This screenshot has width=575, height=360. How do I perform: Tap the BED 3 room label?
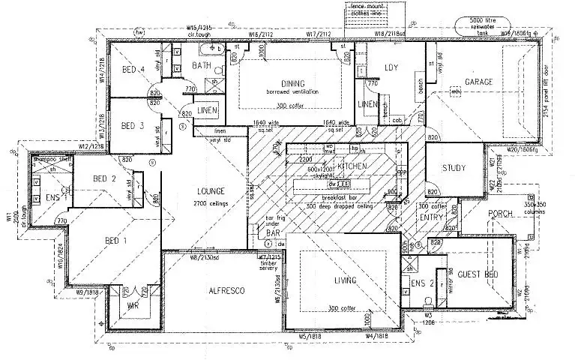pyautogui.click(x=132, y=126)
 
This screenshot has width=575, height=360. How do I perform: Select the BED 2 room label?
pyautogui.click(x=104, y=178)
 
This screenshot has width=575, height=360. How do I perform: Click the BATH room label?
pyautogui.click(x=202, y=65)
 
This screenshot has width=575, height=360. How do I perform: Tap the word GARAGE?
pyautogui.click(x=479, y=81)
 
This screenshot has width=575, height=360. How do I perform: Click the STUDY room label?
pyautogui.click(x=454, y=168)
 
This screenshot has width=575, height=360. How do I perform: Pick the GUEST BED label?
pyautogui.click(x=478, y=274)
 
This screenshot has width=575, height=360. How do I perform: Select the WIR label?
pyautogui.click(x=132, y=306)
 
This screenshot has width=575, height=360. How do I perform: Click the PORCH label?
pyautogui.click(x=500, y=214)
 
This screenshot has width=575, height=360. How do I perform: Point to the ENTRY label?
pyautogui.click(x=433, y=217)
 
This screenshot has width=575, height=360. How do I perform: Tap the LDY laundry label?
pyautogui.click(x=391, y=68)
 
